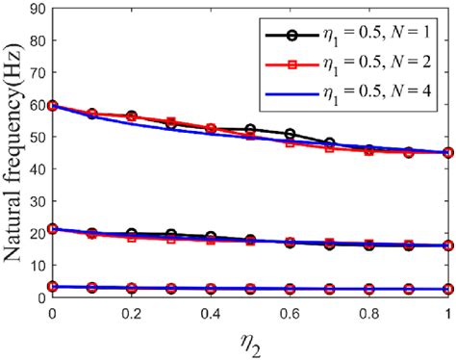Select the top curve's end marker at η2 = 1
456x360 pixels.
point(448,153)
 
